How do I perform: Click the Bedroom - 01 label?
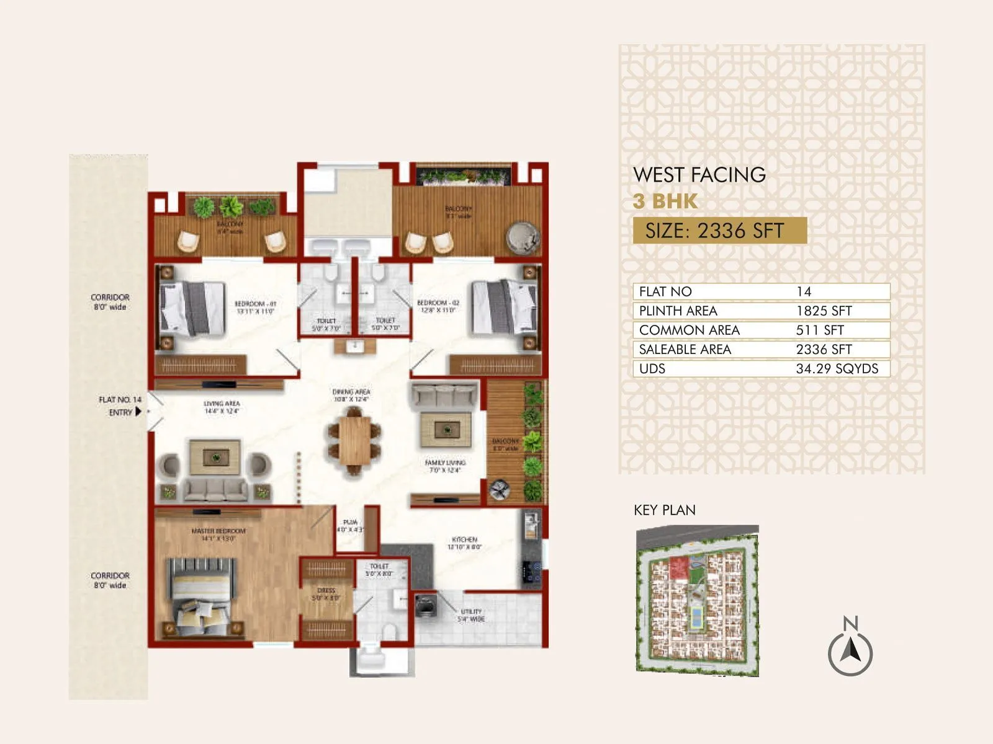pos(255,307)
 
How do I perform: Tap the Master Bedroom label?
pos(218,534)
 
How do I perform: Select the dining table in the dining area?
pos(354,441)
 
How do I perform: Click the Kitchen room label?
pos(464,543)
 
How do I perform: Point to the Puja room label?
pos(350,526)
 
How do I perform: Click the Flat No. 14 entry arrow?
pos(138,412)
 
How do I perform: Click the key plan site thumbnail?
pos(697,600)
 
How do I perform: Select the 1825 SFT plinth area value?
pos(824,311)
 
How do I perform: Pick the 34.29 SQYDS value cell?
pos(837,369)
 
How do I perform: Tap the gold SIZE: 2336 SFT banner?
pos(719,231)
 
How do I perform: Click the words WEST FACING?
pos(699,175)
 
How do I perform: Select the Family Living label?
pos(444,466)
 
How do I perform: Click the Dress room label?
pos(326,594)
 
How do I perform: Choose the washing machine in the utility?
pos(426,606)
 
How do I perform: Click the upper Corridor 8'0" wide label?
pos(110,302)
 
